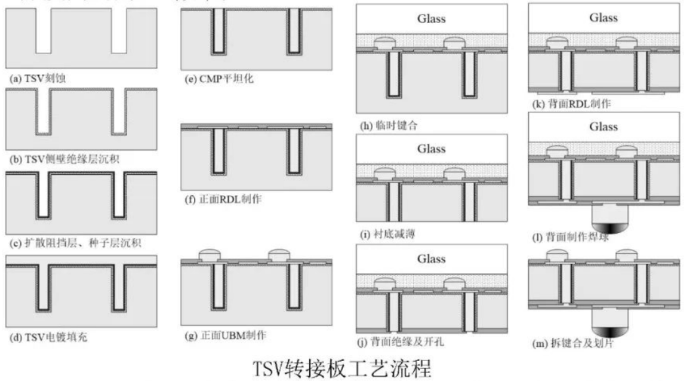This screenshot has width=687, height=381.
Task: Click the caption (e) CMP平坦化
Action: coord(218,79)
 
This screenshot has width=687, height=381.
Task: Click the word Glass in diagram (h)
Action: coord(432,19)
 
